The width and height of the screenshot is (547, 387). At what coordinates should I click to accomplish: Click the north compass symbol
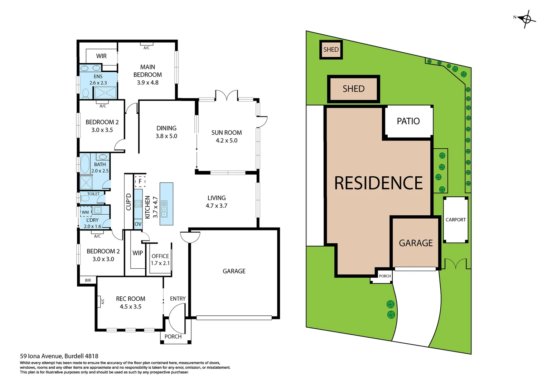[x=527, y=19]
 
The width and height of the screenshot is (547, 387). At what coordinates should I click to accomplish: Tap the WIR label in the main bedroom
[x=101, y=56]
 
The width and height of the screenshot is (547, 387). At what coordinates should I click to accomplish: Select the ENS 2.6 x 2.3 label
[x=98, y=80]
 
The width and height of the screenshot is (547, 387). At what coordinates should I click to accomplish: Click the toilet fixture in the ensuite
[x=86, y=94]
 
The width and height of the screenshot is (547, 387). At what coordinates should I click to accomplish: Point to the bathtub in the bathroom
[x=85, y=164]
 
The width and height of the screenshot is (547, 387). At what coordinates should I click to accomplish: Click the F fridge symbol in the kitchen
[x=140, y=181]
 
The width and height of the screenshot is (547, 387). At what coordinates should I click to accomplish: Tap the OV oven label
[x=138, y=224]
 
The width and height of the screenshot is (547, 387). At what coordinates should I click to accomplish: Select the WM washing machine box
[x=85, y=212]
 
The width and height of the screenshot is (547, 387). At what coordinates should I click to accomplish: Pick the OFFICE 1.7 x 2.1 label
[x=160, y=259]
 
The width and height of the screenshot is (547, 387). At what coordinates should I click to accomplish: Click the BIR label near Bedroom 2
[x=88, y=280]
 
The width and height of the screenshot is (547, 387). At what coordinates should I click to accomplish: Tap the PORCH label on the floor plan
[x=173, y=336]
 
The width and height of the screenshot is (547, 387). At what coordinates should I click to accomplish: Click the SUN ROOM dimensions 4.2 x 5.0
[x=226, y=140]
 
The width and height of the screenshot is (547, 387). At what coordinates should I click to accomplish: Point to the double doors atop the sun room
[x=226, y=95]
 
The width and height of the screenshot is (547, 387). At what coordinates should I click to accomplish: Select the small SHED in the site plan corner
[x=331, y=49]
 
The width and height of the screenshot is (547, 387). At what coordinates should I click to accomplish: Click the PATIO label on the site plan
[x=408, y=121]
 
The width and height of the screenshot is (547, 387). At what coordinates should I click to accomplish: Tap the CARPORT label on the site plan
[x=455, y=220]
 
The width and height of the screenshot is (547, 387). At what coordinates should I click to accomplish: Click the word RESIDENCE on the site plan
[x=378, y=183]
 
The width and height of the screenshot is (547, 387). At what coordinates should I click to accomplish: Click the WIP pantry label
[x=137, y=253]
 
